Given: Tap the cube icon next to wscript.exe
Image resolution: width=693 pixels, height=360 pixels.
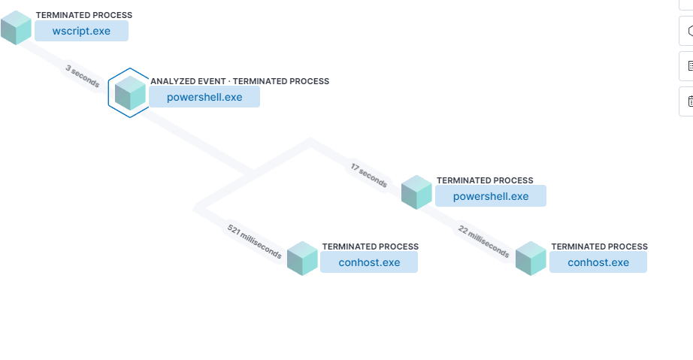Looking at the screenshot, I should coord(16,27).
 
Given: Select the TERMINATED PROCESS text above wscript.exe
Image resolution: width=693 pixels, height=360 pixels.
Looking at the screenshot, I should coord(84,15).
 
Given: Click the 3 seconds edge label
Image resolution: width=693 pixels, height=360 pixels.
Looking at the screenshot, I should coord(83,77).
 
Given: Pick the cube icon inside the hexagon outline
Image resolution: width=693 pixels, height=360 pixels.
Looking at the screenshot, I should coord(130,93).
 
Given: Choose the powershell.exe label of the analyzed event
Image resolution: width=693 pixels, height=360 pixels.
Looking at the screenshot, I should coord(204,97).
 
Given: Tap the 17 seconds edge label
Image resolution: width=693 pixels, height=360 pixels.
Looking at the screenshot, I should coord(369,176).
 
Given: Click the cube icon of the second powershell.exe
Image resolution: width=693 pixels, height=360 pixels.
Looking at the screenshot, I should coord(416,192).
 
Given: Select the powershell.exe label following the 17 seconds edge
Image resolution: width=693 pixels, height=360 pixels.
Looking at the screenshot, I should coord(491,196).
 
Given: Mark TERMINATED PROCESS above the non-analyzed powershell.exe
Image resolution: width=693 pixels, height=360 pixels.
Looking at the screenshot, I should coord(485,180).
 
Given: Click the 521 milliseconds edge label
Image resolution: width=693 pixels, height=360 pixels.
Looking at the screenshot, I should coord(255,241).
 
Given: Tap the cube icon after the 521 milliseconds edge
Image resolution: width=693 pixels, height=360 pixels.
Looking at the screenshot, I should coord(302,259).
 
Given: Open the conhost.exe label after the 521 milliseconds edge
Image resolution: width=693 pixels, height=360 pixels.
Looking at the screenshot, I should coord(369,262).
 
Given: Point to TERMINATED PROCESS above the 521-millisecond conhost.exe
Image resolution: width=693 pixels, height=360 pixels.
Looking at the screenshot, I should coord(371,247).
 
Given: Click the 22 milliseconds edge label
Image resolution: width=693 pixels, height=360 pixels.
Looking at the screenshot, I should coord(483,241).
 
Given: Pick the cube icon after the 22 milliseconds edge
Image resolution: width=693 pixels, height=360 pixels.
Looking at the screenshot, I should coord(531,259).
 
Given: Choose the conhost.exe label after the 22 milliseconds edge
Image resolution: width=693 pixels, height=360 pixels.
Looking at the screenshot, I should coord(598,262).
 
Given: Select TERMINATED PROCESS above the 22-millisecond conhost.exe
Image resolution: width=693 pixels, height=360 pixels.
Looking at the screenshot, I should coord(599,247).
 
